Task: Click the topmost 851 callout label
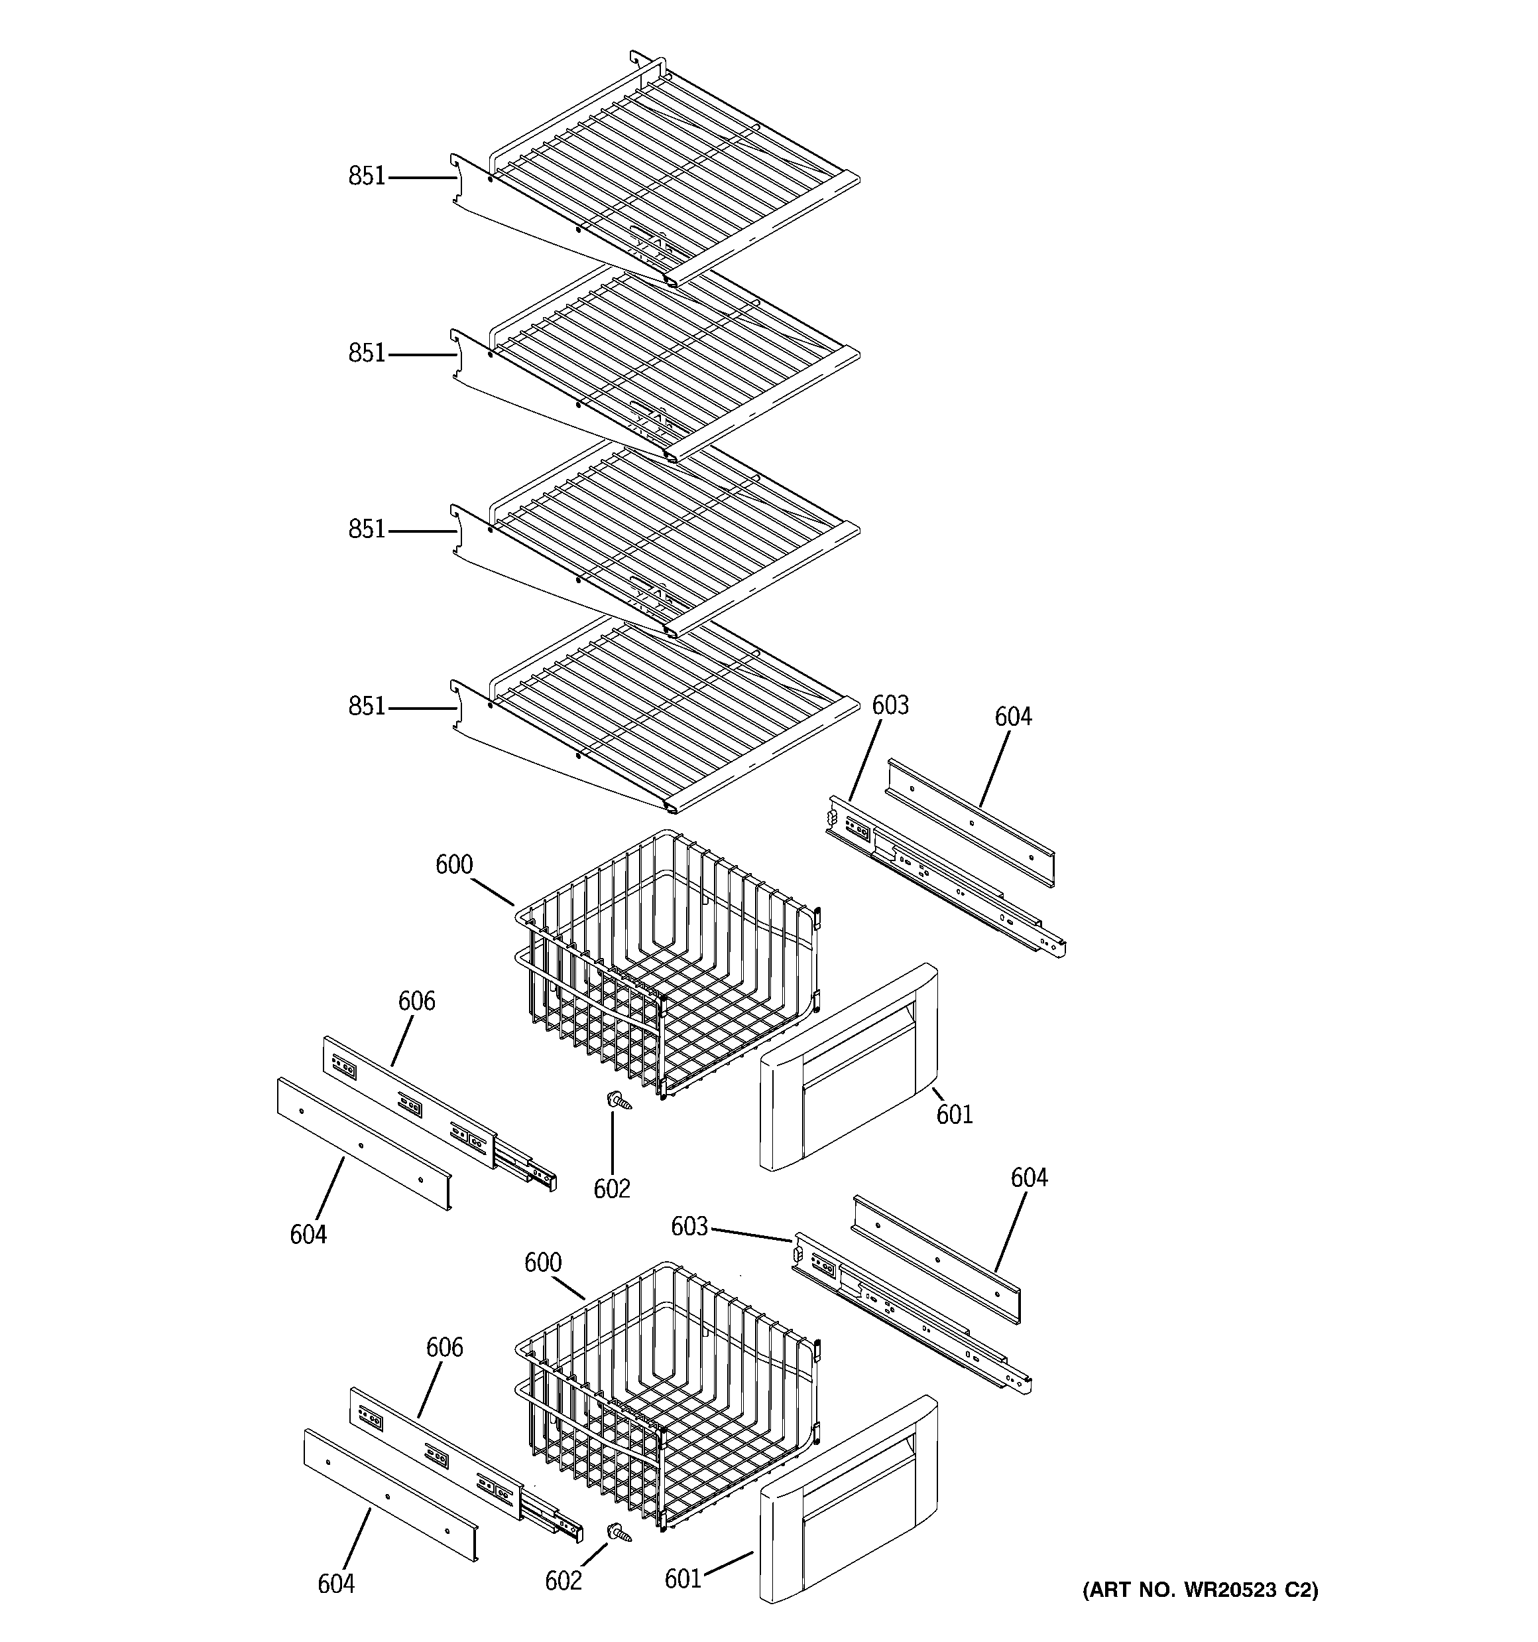coord(367,176)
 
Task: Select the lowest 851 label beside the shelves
coord(367,706)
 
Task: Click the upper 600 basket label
coord(454,864)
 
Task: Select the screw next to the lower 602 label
coord(619,1533)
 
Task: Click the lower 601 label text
coord(683,1579)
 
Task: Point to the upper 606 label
coord(416,1001)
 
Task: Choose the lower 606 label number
coord(444,1348)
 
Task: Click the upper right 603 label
coord(890,705)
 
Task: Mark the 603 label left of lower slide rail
coord(689,1227)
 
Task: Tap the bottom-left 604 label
coord(336,1584)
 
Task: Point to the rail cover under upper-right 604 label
coord(971,823)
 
